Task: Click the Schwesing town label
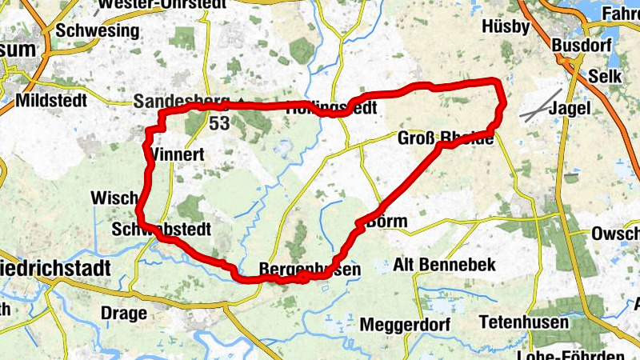pyautogui.click(x=97, y=31)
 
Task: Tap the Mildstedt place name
pyautogui.click(x=53, y=102)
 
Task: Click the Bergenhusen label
pyautogui.click(x=310, y=270)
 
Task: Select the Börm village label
pyautogui.click(x=386, y=222)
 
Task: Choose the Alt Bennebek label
pyautogui.click(x=446, y=264)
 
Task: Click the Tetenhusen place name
pyautogui.click(x=524, y=323)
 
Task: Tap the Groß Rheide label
pyautogui.click(x=446, y=138)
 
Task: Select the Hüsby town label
pyautogui.click(x=506, y=26)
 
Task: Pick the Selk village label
pyautogui.click(x=603, y=76)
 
